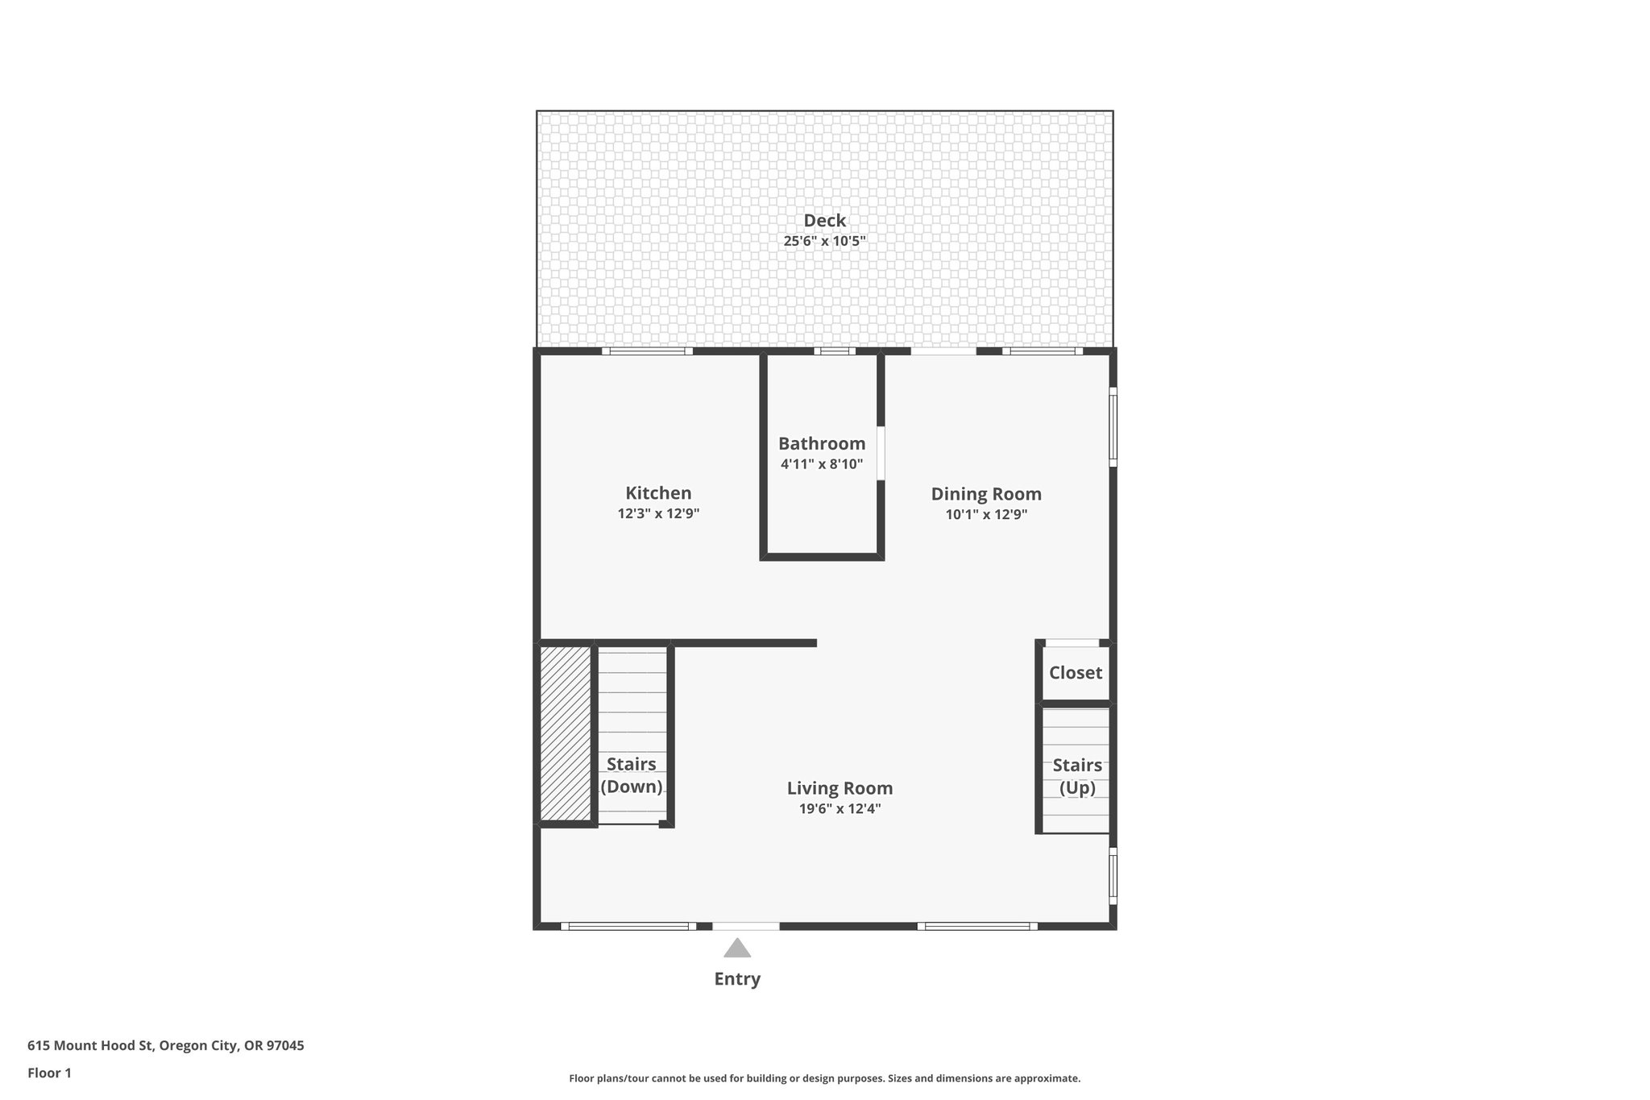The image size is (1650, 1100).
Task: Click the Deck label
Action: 824,220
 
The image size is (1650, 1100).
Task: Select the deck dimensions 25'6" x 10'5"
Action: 824,241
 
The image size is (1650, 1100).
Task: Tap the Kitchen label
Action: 658,492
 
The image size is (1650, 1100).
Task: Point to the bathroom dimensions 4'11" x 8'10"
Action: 821,464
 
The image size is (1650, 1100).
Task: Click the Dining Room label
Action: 985,494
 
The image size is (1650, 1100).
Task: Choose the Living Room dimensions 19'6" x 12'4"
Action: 840,809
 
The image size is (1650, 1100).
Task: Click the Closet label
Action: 1075,672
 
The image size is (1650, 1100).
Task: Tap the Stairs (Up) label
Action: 1077,775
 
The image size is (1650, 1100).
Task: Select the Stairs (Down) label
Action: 631,774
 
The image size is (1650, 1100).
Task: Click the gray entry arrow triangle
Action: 736,949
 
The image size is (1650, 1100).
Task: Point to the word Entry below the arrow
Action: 736,978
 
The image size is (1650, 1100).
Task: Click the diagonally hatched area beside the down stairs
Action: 565,733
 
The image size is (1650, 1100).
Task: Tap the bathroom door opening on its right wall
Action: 881,454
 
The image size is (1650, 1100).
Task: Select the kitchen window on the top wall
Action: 647,351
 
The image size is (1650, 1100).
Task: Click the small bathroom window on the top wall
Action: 834,351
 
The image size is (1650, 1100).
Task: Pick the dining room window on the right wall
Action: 1113,427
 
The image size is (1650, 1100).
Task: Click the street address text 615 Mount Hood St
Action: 165,1045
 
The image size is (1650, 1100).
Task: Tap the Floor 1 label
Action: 49,1073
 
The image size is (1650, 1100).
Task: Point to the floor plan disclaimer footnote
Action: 824,1078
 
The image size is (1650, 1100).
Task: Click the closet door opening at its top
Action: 1072,643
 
